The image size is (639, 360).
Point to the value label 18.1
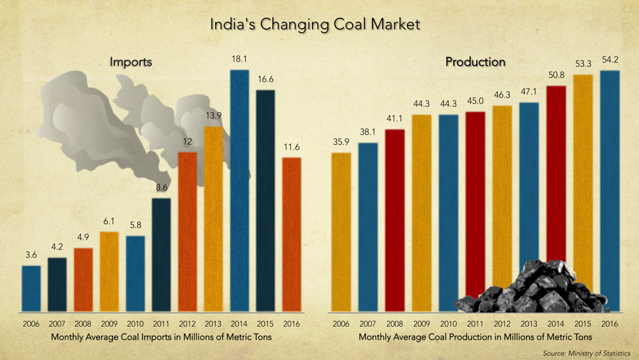(239, 58)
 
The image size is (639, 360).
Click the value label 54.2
(610, 59)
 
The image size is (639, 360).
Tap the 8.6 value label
(161, 188)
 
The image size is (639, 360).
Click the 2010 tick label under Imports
(135, 324)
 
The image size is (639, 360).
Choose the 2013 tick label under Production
(529, 324)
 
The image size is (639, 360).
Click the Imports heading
(130, 62)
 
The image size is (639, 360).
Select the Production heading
(475, 62)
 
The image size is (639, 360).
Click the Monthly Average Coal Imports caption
(161, 336)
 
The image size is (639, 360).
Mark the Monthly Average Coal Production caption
(475, 336)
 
